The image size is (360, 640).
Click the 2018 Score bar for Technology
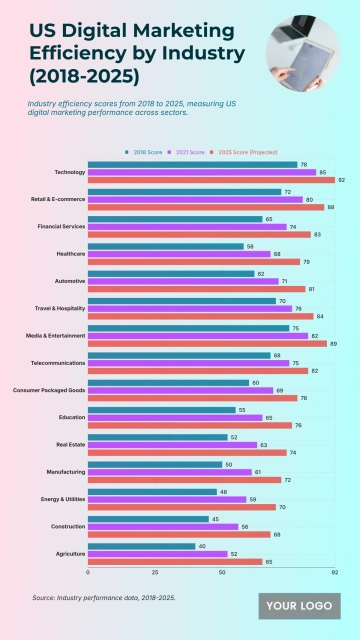(192, 164)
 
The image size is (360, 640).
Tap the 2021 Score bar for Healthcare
(179, 254)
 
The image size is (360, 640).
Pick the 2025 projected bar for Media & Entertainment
(207, 344)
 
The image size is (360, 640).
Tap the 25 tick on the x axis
(155, 573)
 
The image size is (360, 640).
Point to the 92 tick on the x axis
(335, 573)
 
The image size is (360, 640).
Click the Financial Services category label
(62, 227)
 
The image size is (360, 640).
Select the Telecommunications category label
(60, 362)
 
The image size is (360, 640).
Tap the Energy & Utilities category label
(62, 498)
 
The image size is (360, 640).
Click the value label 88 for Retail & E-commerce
(331, 207)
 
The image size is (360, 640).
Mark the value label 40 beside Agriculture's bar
(203, 546)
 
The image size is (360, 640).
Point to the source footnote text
(104, 598)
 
